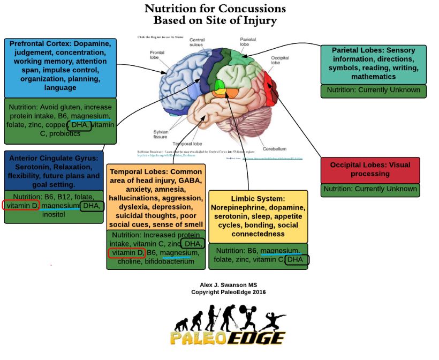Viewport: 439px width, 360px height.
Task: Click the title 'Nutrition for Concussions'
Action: tap(215, 9)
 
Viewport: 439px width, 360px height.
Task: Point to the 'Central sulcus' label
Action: tap(197, 43)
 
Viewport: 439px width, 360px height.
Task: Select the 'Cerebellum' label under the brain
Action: tap(274, 148)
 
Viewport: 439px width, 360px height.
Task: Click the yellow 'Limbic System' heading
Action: tap(258, 198)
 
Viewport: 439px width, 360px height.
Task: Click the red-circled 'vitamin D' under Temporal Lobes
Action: tap(126, 253)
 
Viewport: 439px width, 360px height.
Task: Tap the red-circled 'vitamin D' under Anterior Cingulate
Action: tap(21, 205)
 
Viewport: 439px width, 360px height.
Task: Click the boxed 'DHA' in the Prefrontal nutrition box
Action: tap(80, 125)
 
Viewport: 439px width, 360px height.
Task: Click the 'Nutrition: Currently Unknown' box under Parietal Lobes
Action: tap(373, 90)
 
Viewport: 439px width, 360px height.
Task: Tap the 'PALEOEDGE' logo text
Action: tap(228, 339)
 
